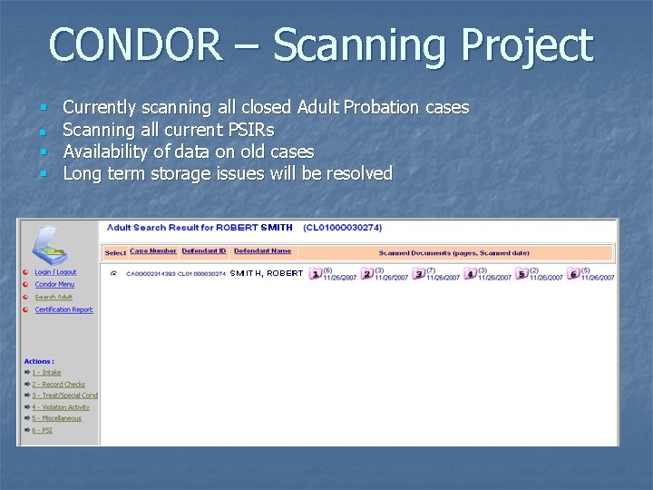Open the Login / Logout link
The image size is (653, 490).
tap(55, 272)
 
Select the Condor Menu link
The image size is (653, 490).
tap(54, 285)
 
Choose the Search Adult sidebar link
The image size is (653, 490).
tap(54, 298)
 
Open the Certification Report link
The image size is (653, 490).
tap(63, 310)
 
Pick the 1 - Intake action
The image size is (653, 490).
tap(46, 372)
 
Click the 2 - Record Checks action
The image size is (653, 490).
tap(58, 384)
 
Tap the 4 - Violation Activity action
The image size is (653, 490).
tap(61, 407)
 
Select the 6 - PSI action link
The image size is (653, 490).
tap(42, 430)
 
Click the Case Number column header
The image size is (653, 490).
tap(153, 251)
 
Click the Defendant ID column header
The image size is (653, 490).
tap(203, 251)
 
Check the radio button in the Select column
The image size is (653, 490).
tap(113, 273)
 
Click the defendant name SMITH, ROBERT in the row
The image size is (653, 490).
tap(267, 273)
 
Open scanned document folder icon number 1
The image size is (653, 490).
tap(316, 274)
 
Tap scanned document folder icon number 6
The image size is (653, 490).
tap(573, 274)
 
